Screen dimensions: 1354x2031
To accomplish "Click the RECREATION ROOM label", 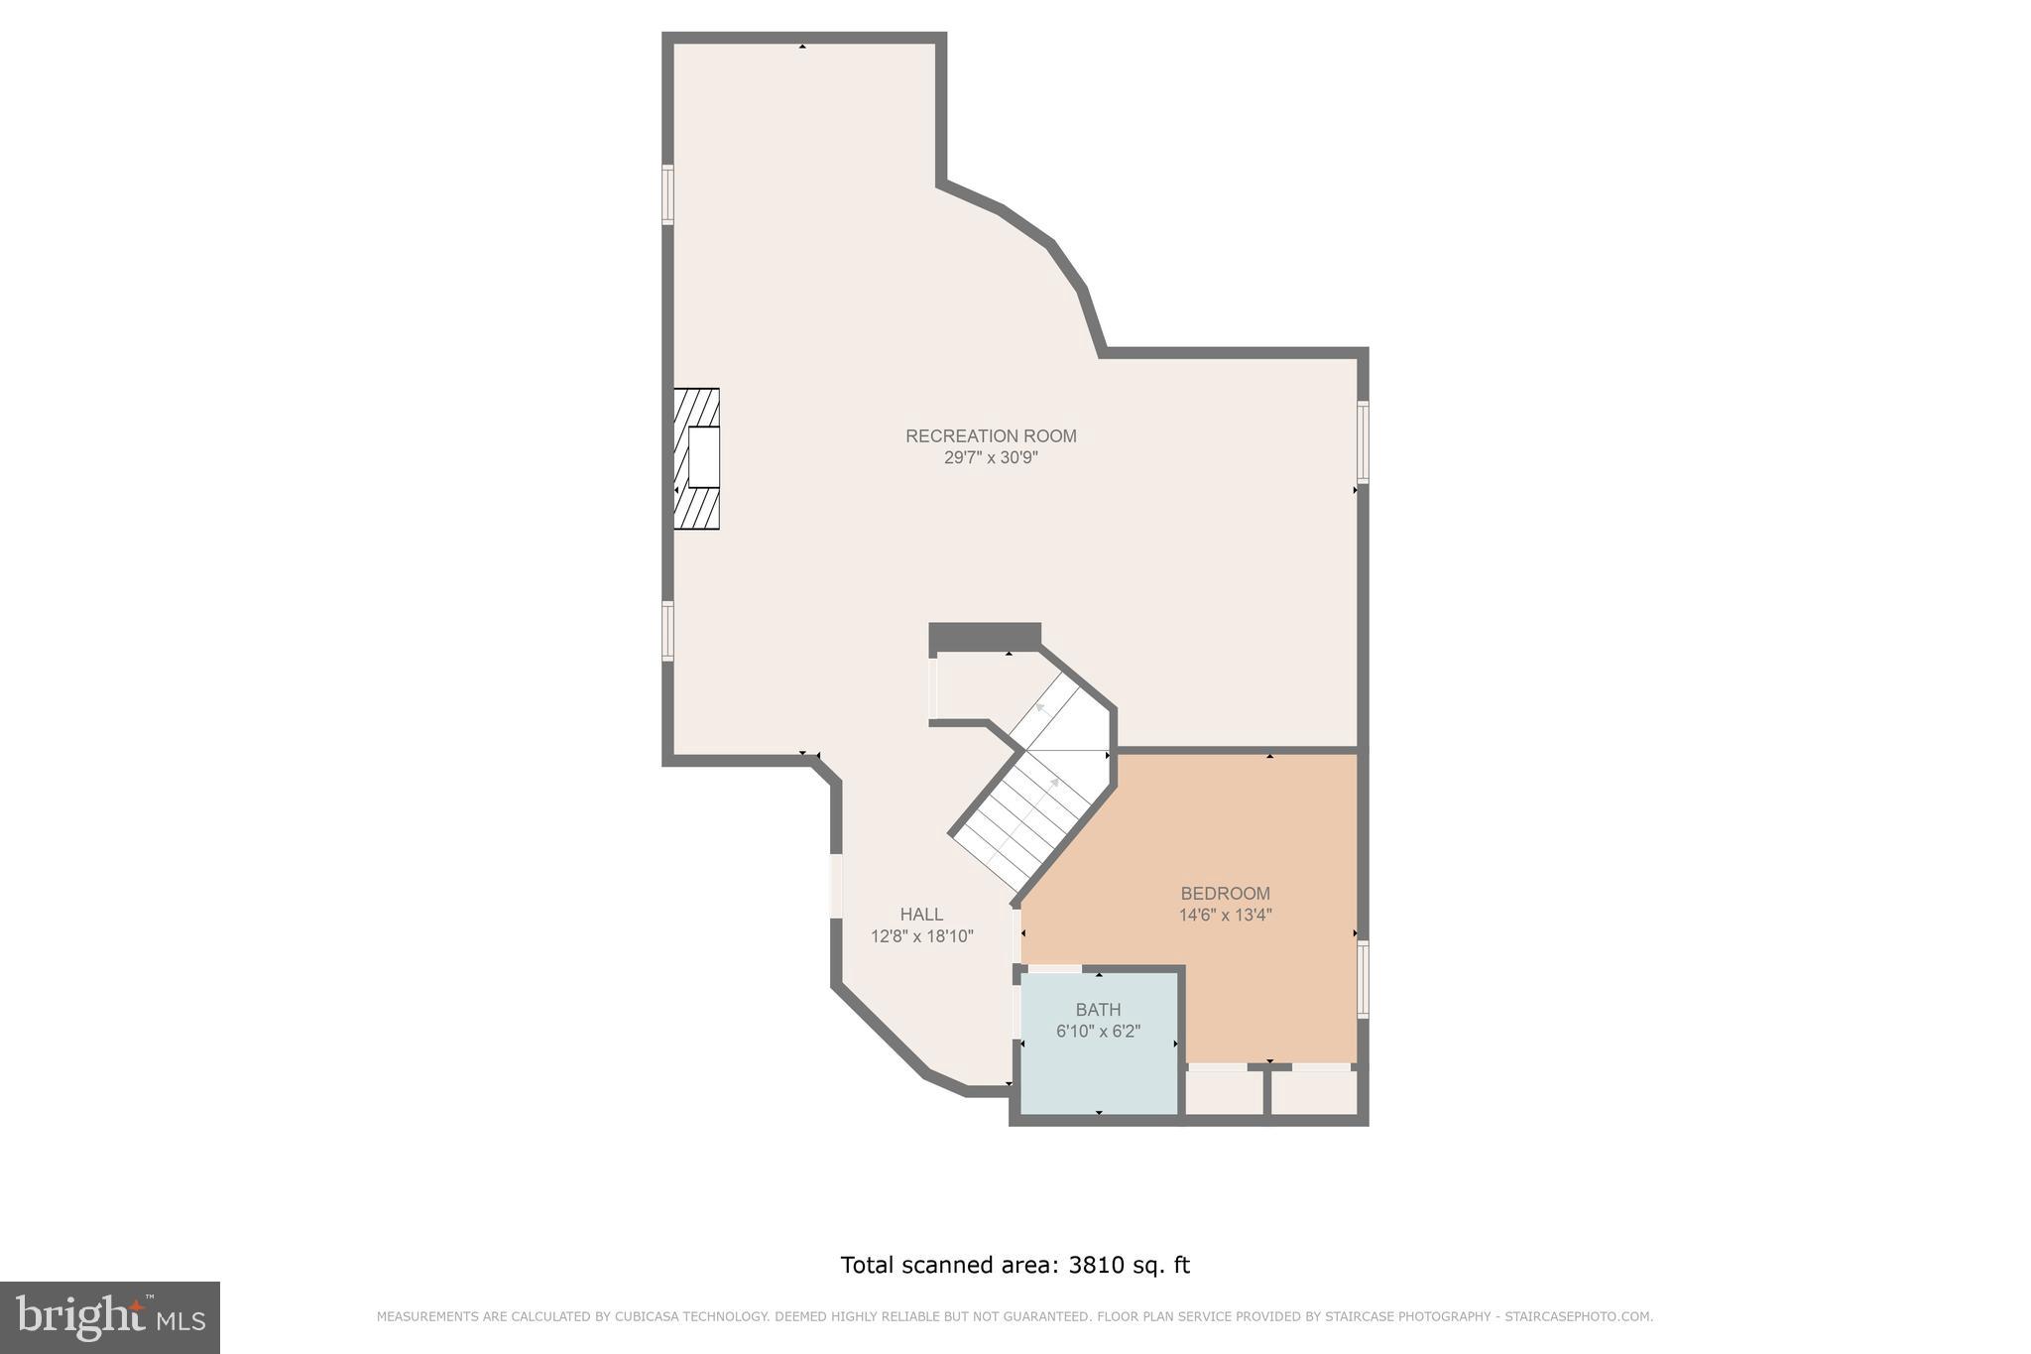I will (990, 435).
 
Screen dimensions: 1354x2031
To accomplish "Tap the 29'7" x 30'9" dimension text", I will (990, 458).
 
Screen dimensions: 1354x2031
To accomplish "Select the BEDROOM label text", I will (1225, 893).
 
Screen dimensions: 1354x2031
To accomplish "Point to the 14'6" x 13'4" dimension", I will (1225, 916).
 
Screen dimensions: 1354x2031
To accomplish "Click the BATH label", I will (1098, 1010).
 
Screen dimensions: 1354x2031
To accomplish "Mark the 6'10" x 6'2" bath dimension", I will (1098, 1032).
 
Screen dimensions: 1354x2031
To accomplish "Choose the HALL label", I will (921, 915).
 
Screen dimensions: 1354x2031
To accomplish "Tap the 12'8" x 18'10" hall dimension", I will (921, 936).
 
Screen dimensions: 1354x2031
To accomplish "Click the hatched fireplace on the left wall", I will (696, 459).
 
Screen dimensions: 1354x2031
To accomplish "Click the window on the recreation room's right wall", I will (1363, 441).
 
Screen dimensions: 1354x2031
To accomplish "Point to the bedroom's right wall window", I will (1363, 979).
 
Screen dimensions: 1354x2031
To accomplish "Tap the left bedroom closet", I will (1225, 1092).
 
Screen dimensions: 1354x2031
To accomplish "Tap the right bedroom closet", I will (1313, 1092).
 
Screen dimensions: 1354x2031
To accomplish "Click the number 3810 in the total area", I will (1096, 1265).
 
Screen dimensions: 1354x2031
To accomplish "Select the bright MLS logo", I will (109, 1317).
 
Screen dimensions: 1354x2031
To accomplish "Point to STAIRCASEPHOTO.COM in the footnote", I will (1578, 1317).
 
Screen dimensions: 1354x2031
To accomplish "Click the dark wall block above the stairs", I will (985, 636).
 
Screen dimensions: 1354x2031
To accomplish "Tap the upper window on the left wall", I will (668, 194).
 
